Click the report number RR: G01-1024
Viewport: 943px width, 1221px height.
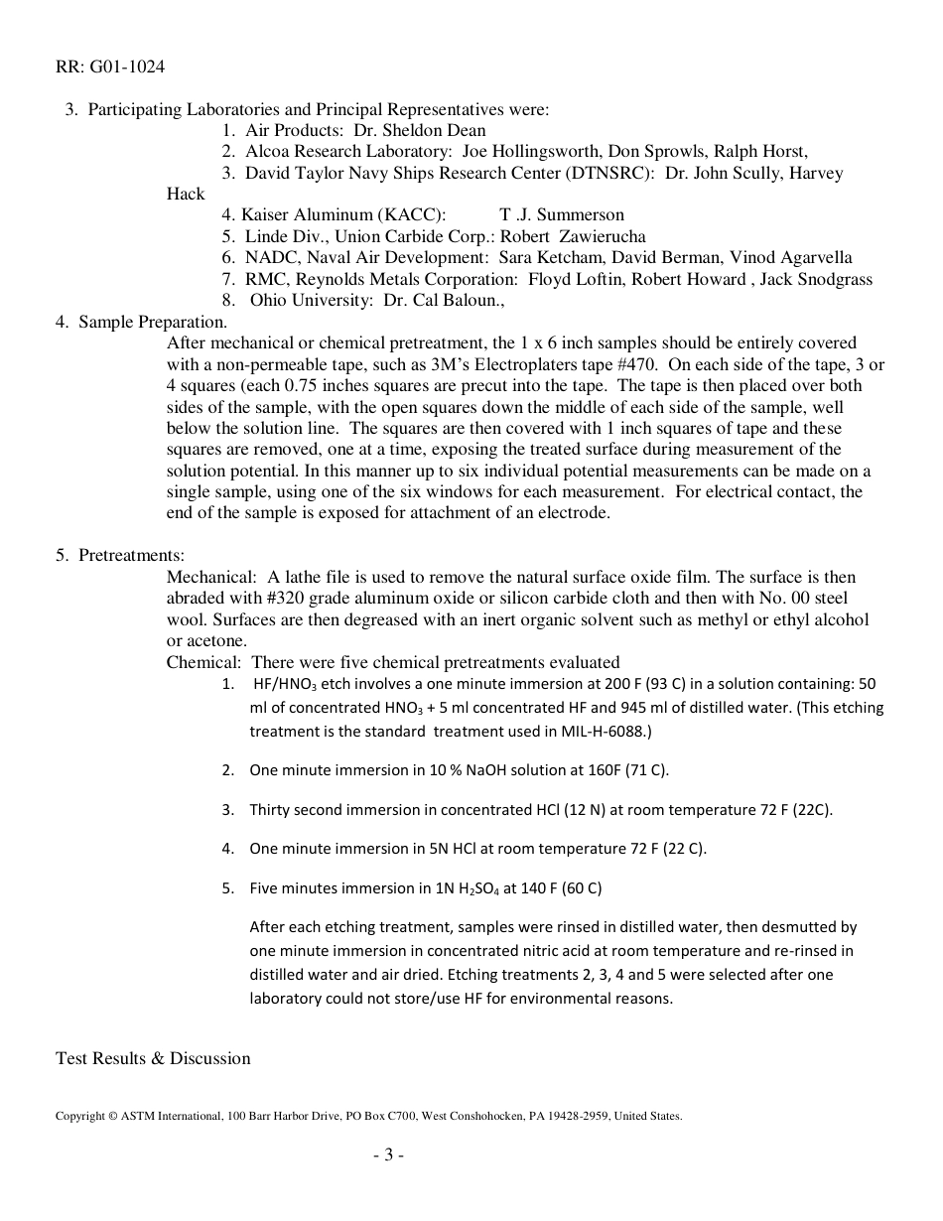(x=110, y=68)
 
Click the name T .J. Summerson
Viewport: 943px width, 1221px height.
(x=562, y=214)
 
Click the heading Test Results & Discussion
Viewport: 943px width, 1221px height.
(x=153, y=1058)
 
